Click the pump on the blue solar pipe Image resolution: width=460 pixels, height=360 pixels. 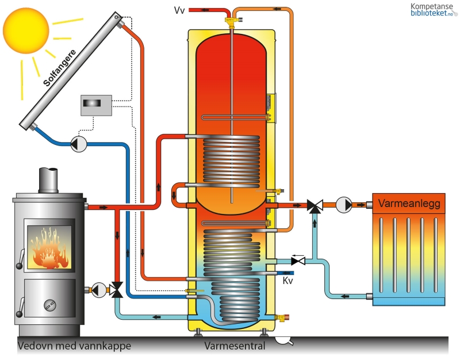78,144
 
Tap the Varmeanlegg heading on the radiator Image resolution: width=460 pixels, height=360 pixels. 409,204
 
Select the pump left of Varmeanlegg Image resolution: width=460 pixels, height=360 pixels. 343,204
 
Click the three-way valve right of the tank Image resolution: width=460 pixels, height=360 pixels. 314,206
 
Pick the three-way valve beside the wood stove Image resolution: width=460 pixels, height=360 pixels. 117,290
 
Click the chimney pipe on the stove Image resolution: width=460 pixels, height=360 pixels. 48,179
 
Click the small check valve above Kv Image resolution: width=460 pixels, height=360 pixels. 298,261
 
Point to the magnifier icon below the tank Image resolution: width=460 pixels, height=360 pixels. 283,340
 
